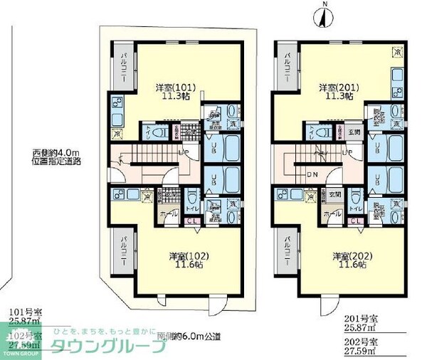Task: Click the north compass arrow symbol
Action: coord(322,16)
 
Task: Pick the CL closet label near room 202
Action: coord(354,221)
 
